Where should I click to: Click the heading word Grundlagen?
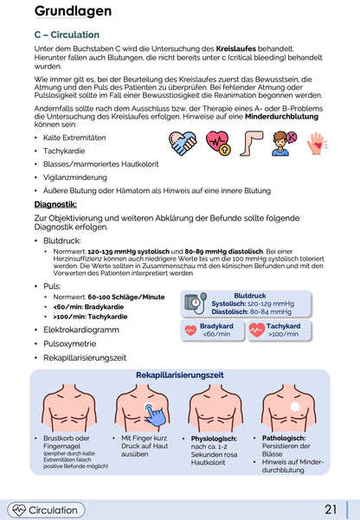tap(73, 11)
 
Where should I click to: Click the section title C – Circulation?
tap(73, 35)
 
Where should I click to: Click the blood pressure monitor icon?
tap(196, 305)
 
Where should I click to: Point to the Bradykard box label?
tap(216, 326)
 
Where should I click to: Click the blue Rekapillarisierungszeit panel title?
tap(180, 375)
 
